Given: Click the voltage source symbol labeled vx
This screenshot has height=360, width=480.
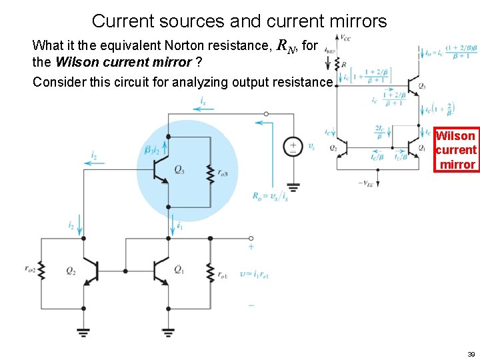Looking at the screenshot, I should coord(293,147).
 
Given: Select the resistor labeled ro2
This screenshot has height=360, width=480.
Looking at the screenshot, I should coord(41,270).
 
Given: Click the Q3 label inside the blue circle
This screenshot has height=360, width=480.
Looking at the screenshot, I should coord(179,170).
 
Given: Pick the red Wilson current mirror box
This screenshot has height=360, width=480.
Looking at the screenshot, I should coord(456,150).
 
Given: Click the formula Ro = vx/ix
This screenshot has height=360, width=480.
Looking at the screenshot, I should coord(271,196).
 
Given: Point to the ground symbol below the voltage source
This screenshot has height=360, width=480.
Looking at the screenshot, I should coord(293,187).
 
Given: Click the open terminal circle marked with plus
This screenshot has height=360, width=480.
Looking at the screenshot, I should coord(251,238).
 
